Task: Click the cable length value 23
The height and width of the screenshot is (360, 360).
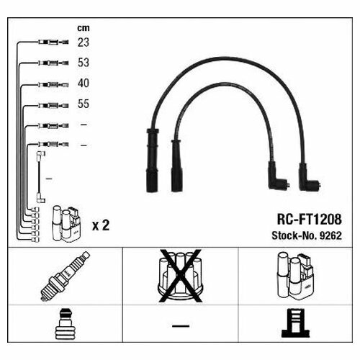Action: coord(84,42)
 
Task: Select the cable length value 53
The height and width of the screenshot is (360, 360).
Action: coord(84,63)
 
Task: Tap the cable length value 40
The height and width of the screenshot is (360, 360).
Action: coord(84,84)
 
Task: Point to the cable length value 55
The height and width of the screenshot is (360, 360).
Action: coord(84,104)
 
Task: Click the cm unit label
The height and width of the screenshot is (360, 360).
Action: coord(84,28)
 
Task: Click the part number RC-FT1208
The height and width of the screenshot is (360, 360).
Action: coord(310,219)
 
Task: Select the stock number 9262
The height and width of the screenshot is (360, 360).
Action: coord(330,235)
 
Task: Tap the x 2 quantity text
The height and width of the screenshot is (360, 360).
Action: coord(101,225)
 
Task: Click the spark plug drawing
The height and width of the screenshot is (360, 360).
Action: coord(66,276)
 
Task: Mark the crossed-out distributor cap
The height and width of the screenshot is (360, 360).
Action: coord(180,276)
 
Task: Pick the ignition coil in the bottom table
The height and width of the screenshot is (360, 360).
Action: coord(295,276)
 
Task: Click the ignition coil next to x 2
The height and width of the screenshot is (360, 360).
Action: coord(66,224)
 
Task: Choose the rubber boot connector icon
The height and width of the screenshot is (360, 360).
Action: coord(66,324)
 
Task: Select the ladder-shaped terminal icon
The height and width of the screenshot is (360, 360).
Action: coord(296,323)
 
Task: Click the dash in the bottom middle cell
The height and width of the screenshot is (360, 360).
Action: coord(181,326)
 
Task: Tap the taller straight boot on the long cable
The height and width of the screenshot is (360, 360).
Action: coord(152,161)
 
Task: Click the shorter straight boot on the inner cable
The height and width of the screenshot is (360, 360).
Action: coord(176,166)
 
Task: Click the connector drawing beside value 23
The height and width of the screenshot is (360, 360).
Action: coord(53,42)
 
